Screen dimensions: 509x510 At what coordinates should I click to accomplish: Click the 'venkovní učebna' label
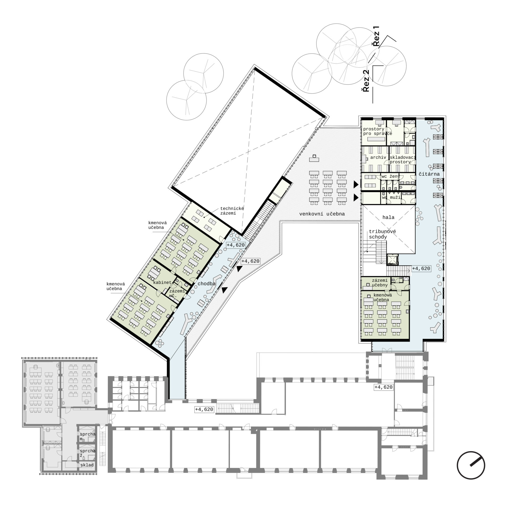(x=322, y=214)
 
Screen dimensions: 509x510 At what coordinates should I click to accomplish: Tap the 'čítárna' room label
(x=429, y=174)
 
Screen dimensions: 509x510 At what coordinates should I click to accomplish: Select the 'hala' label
(x=388, y=217)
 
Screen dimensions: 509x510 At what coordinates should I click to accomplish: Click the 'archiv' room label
(x=378, y=157)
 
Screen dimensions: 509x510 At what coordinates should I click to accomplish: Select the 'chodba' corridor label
(x=207, y=284)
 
